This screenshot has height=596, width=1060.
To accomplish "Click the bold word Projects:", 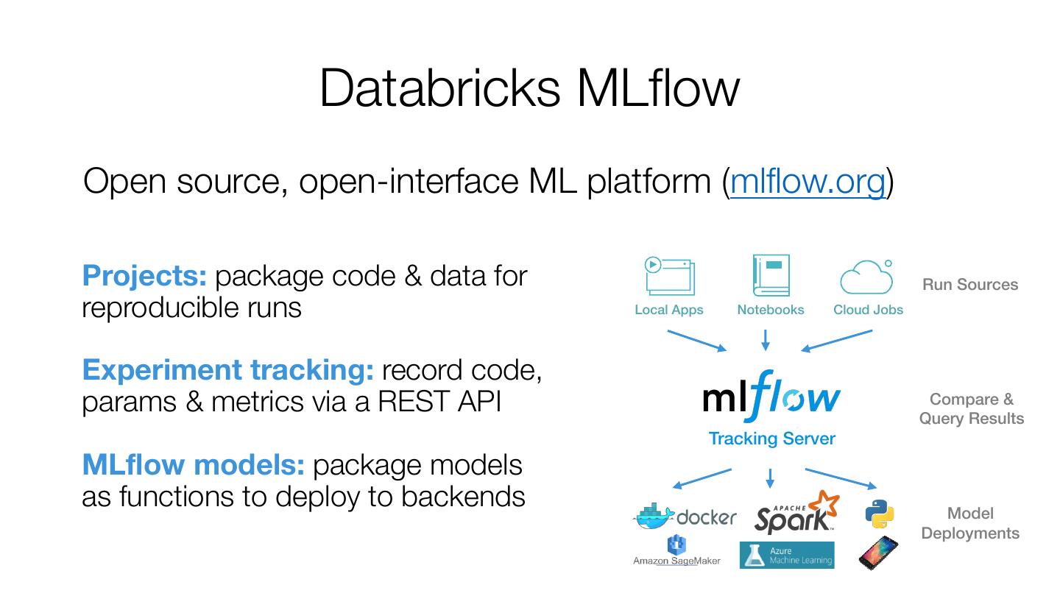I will [x=144, y=276].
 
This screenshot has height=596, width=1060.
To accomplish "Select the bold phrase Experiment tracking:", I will [x=228, y=370].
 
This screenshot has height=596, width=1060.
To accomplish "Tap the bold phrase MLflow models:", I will [x=193, y=465].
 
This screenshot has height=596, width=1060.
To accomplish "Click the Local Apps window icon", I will [x=669, y=275].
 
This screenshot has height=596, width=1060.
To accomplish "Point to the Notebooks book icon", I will [x=771, y=275].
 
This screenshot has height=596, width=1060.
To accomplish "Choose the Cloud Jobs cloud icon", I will [x=867, y=277].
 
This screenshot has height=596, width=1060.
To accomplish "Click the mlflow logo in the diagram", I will [x=771, y=397].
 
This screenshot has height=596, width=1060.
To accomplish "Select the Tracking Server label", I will [x=771, y=439].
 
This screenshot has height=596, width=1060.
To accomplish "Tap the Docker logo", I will [x=685, y=517].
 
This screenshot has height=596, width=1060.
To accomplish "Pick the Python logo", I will [x=880, y=514].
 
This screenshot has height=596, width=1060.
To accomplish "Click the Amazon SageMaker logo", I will [x=676, y=552].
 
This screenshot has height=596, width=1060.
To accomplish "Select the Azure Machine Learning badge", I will [x=787, y=556].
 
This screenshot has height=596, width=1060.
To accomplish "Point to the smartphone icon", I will [x=878, y=553].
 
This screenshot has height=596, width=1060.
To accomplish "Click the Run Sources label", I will [x=969, y=285].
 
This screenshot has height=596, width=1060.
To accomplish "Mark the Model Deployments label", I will [x=970, y=523].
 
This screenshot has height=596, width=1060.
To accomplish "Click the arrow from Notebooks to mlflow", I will [x=766, y=340].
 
